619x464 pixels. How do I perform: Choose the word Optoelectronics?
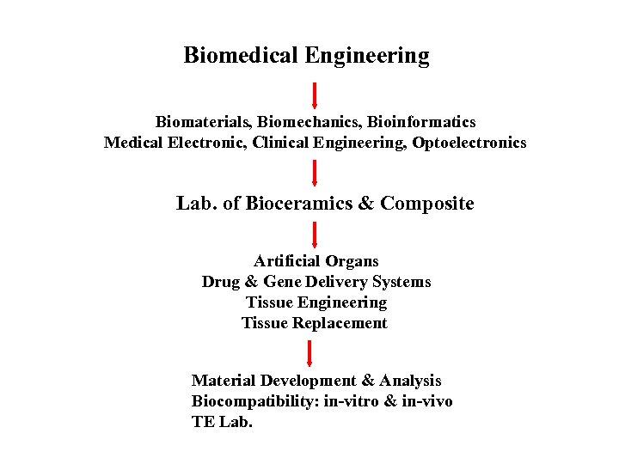(469, 143)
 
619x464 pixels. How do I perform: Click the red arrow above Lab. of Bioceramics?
(315, 172)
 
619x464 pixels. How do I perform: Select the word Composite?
(427, 204)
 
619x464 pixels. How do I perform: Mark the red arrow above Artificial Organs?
(315, 235)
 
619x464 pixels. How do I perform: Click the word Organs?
(350, 260)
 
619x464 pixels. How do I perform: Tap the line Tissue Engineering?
(316, 302)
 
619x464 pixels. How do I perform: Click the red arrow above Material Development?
(311, 353)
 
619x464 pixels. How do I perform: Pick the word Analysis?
(410, 380)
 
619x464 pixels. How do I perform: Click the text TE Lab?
(222, 422)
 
